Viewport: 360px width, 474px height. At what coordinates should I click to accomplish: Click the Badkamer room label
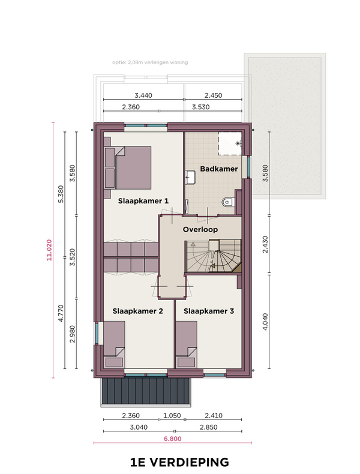(x=219, y=169)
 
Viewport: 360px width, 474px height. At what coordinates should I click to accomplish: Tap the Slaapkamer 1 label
(x=143, y=201)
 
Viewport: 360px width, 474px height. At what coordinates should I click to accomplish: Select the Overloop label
(x=200, y=229)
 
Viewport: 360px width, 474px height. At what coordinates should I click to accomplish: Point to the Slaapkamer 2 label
(x=137, y=311)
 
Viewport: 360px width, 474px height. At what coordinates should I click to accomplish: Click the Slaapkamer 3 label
(x=209, y=311)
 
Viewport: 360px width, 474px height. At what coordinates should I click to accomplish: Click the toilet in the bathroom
(x=227, y=202)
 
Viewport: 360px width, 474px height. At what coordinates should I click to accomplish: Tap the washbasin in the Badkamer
(x=191, y=177)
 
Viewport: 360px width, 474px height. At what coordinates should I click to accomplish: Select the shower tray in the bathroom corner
(x=230, y=143)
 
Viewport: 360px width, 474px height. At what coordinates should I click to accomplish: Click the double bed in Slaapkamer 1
(x=128, y=168)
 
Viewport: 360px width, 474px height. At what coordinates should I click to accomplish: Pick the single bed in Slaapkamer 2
(x=114, y=344)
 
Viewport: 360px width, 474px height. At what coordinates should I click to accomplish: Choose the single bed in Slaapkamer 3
(x=187, y=344)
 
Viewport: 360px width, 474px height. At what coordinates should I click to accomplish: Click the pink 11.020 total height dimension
(x=49, y=250)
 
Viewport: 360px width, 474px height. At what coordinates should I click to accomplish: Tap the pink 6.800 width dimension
(x=173, y=439)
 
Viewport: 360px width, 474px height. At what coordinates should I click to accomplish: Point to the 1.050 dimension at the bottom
(x=172, y=416)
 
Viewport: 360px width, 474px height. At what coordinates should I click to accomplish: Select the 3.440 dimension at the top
(x=143, y=95)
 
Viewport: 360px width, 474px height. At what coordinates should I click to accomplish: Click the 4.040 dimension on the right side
(x=265, y=322)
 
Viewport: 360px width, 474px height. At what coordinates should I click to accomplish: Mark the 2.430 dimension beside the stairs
(x=265, y=244)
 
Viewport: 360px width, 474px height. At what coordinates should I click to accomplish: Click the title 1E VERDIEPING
(x=179, y=462)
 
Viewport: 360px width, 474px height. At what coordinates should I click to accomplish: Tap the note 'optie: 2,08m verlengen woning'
(x=150, y=62)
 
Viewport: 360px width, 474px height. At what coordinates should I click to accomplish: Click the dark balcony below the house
(x=146, y=391)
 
